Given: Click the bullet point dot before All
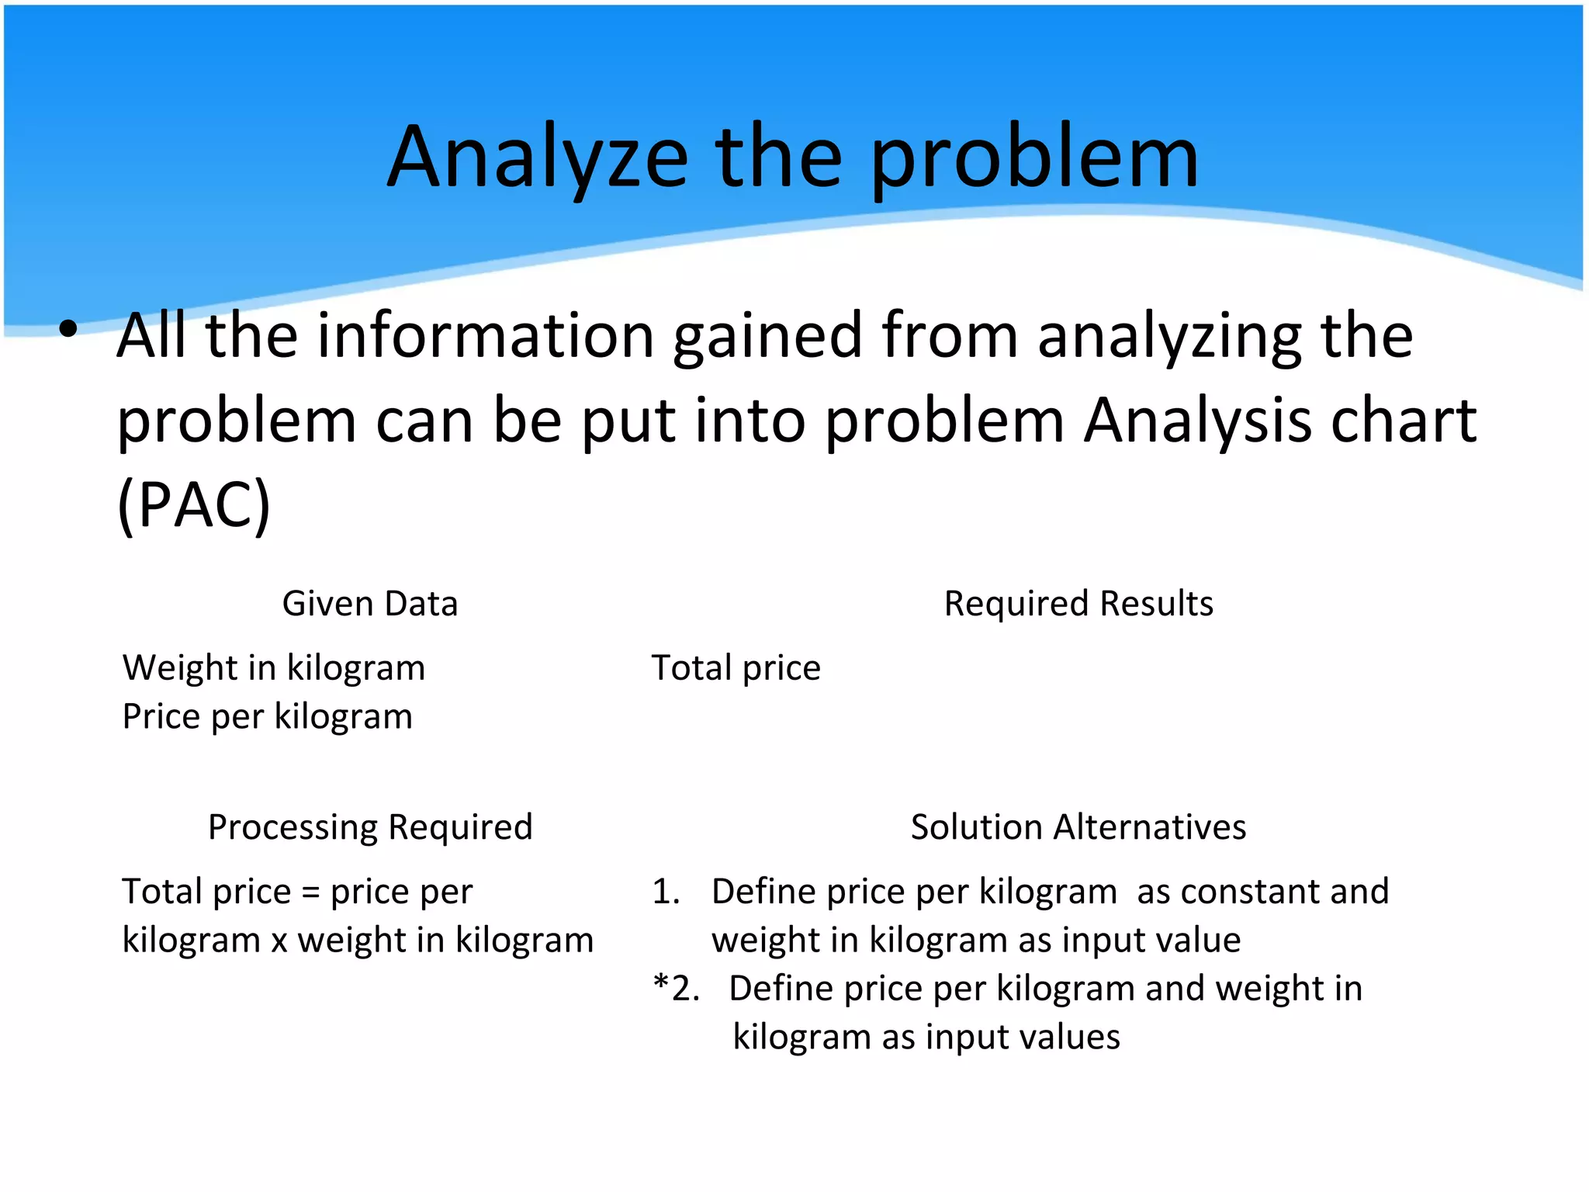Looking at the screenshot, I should tap(68, 329).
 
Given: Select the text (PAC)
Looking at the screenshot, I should tap(194, 504).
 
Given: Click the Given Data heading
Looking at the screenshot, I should tap(370, 604).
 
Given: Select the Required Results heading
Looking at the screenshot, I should tap(1078, 604).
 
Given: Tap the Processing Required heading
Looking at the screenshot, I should tap(370, 827).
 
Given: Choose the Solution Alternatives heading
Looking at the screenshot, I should tap(1078, 827).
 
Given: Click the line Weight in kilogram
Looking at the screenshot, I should tap(274, 668).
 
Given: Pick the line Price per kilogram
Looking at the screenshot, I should tap(267, 716).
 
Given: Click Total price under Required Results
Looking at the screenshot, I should tap(736, 668).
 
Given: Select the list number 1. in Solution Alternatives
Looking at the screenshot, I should tap(666, 892).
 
